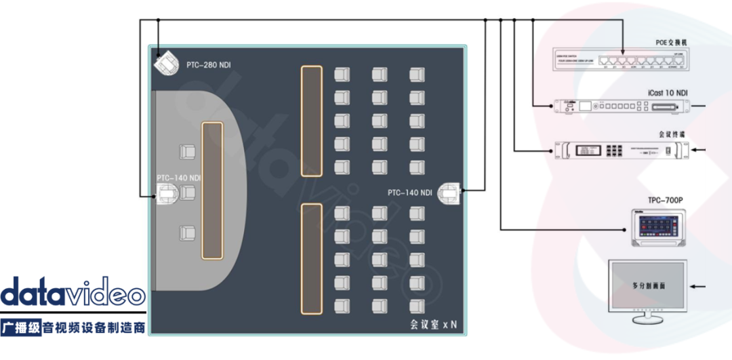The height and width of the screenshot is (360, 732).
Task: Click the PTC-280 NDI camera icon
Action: (164, 64)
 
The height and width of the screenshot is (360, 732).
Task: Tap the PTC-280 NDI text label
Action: (209, 66)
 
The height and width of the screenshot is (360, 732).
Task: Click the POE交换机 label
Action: (671, 42)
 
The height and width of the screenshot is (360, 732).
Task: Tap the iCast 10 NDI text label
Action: (666, 93)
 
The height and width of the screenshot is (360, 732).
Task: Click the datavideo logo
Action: (73, 293)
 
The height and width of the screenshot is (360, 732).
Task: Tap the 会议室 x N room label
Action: (433, 325)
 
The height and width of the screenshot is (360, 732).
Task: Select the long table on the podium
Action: (212, 191)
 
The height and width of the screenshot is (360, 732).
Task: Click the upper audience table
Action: (311, 121)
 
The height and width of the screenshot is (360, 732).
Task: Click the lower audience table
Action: (311, 259)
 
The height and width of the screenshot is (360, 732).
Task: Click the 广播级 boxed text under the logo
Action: (21, 328)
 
